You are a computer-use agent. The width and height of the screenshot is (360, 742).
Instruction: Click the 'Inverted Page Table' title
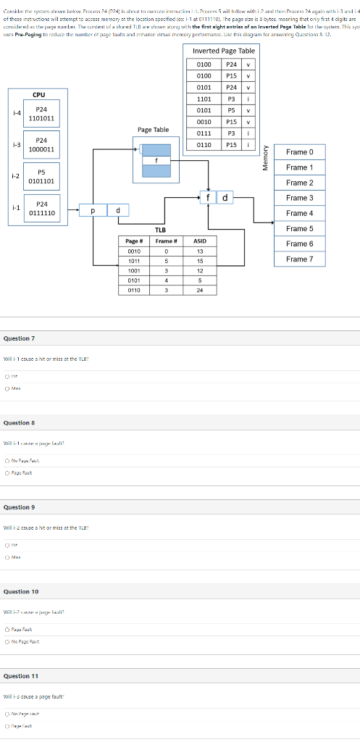coord(224,51)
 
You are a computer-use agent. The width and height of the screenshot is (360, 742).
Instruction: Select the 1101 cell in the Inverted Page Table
coord(204,99)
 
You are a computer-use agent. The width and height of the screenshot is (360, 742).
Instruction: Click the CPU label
coord(38,94)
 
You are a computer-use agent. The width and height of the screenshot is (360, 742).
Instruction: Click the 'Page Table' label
coord(153,130)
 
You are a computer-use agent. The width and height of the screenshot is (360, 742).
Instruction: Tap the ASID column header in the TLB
coord(200,241)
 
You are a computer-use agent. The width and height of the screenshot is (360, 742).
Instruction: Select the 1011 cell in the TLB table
coord(133,260)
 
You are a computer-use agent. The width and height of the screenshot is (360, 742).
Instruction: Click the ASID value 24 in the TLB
coord(200,290)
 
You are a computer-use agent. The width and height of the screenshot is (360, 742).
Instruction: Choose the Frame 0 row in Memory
coord(299,152)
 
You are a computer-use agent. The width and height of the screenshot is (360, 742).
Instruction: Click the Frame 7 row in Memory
coord(299,259)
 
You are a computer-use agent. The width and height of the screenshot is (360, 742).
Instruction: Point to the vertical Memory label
coord(266,156)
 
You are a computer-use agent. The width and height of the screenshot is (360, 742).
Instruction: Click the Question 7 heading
coord(19,338)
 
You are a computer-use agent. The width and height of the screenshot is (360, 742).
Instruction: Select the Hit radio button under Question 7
coord(7,375)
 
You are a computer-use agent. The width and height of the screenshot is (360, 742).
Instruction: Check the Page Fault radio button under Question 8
coord(7,471)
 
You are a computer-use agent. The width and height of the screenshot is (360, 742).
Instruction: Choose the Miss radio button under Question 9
coord(7,557)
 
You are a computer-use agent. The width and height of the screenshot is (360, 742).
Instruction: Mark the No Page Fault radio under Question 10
coord(7,641)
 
